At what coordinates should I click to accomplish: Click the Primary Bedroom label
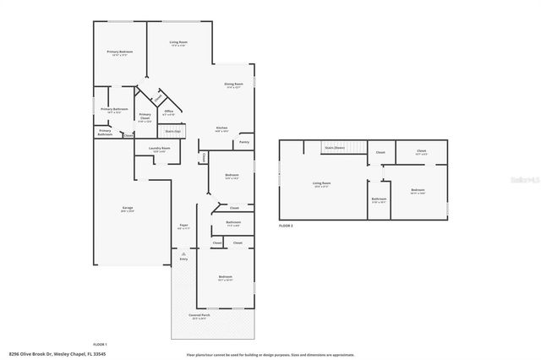[x=120, y=52]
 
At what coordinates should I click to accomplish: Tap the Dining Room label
[x=234, y=85]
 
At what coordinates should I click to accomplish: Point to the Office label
[x=169, y=112]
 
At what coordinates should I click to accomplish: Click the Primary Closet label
[x=145, y=117]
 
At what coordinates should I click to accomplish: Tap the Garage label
[x=128, y=208]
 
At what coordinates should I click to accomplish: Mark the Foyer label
[x=183, y=225]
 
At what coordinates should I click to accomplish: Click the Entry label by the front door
[x=183, y=260]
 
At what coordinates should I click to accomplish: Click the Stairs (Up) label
[x=173, y=131]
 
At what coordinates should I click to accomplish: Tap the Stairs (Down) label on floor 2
[x=335, y=148]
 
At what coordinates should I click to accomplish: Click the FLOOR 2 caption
[x=287, y=226]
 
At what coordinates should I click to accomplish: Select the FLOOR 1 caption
[x=100, y=344]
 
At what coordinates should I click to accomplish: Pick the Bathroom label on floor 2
[x=379, y=201]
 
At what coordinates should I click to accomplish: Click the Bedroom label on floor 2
[x=418, y=190]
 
